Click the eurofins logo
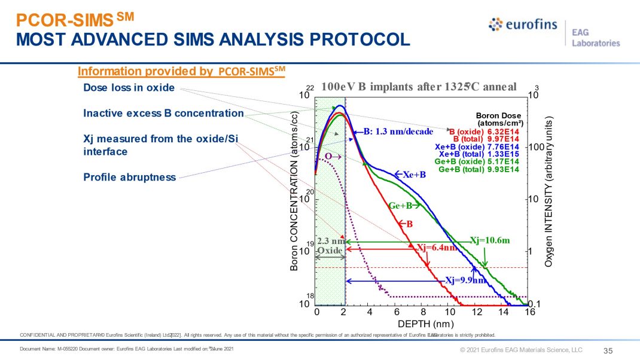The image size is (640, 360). pos(522,25)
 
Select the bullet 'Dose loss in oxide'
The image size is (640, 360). pos(129,88)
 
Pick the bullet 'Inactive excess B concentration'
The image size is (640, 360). pos(163,113)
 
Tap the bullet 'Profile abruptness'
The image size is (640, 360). pos(130,177)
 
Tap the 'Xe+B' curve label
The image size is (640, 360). pos(413,175)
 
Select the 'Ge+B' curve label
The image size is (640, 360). pos(401,206)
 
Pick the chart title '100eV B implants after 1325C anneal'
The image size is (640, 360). pos(418,86)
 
